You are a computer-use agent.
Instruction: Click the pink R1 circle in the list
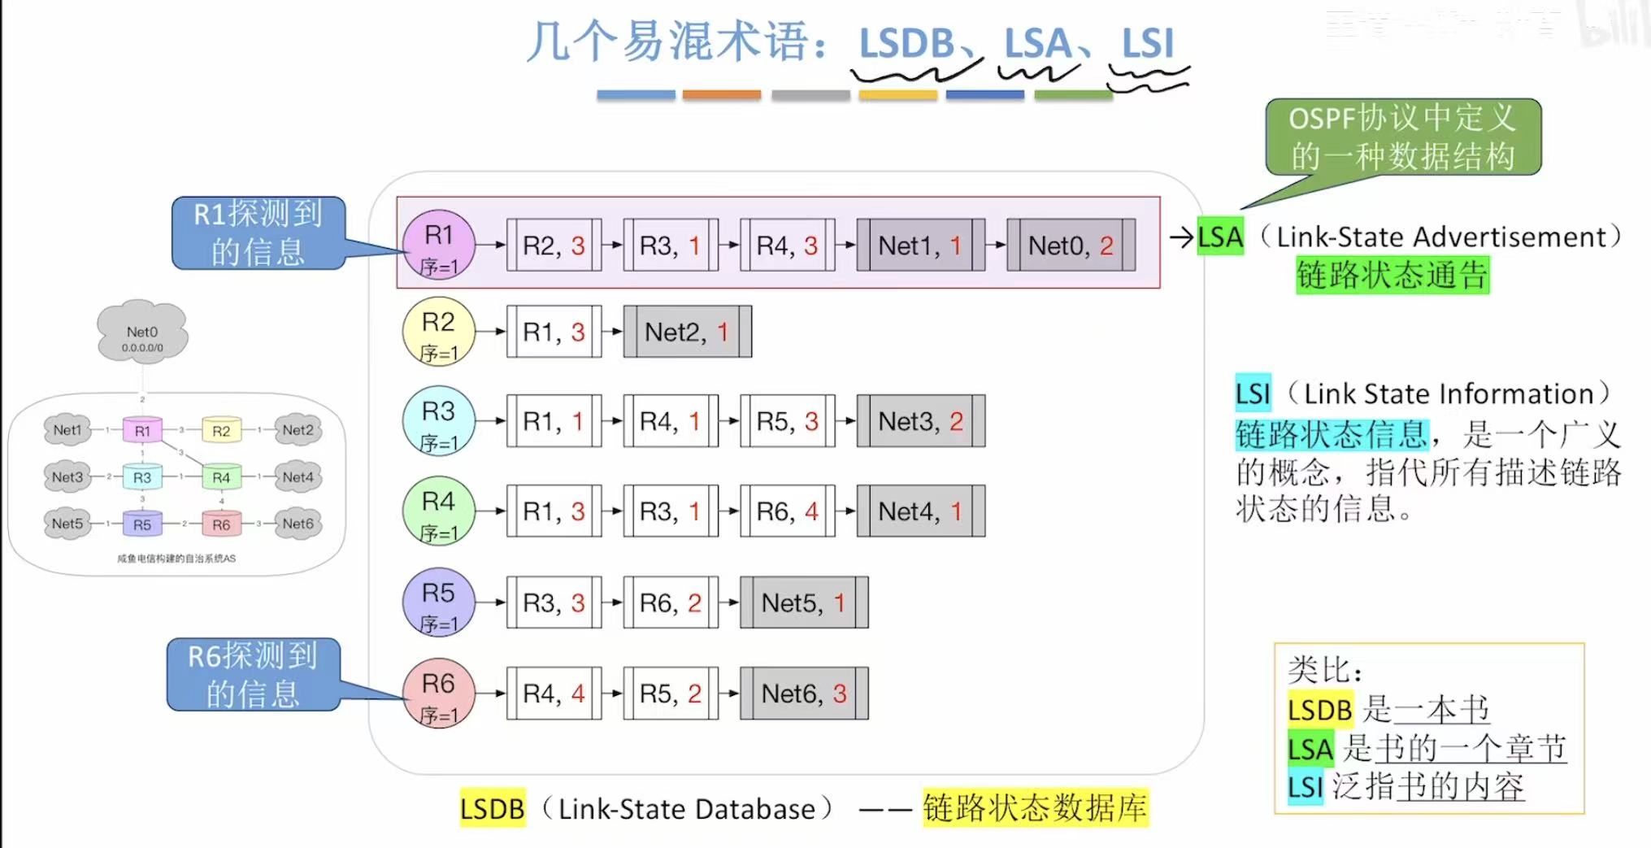click(x=438, y=244)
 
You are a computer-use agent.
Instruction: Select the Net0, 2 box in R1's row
click(x=1071, y=245)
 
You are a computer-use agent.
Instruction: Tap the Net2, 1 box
click(x=687, y=332)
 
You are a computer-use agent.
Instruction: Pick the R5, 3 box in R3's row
click(x=787, y=421)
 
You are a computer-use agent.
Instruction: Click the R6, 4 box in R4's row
click(x=787, y=511)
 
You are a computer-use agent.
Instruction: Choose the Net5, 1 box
click(x=803, y=602)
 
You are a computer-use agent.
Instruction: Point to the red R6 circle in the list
click(x=438, y=693)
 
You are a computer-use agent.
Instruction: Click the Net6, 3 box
click(x=803, y=694)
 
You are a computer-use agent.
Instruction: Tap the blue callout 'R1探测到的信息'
click(x=259, y=233)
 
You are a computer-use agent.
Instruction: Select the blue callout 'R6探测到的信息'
click(x=253, y=674)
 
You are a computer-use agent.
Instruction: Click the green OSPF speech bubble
click(x=1402, y=137)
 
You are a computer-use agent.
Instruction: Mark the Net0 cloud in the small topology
click(x=142, y=333)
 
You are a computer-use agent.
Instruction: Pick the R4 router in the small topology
click(x=221, y=477)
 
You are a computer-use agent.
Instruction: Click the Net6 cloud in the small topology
click(x=298, y=524)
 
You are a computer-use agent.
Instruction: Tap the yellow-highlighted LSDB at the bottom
click(x=492, y=808)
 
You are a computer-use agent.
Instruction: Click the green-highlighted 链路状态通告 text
click(x=1392, y=275)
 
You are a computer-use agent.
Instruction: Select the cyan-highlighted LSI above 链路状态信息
click(x=1252, y=394)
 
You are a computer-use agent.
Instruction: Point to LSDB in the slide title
click(x=906, y=43)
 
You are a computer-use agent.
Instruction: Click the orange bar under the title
click(x=721, y=95)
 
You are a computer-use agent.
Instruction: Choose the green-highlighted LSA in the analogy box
click(x=1310, y=749)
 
